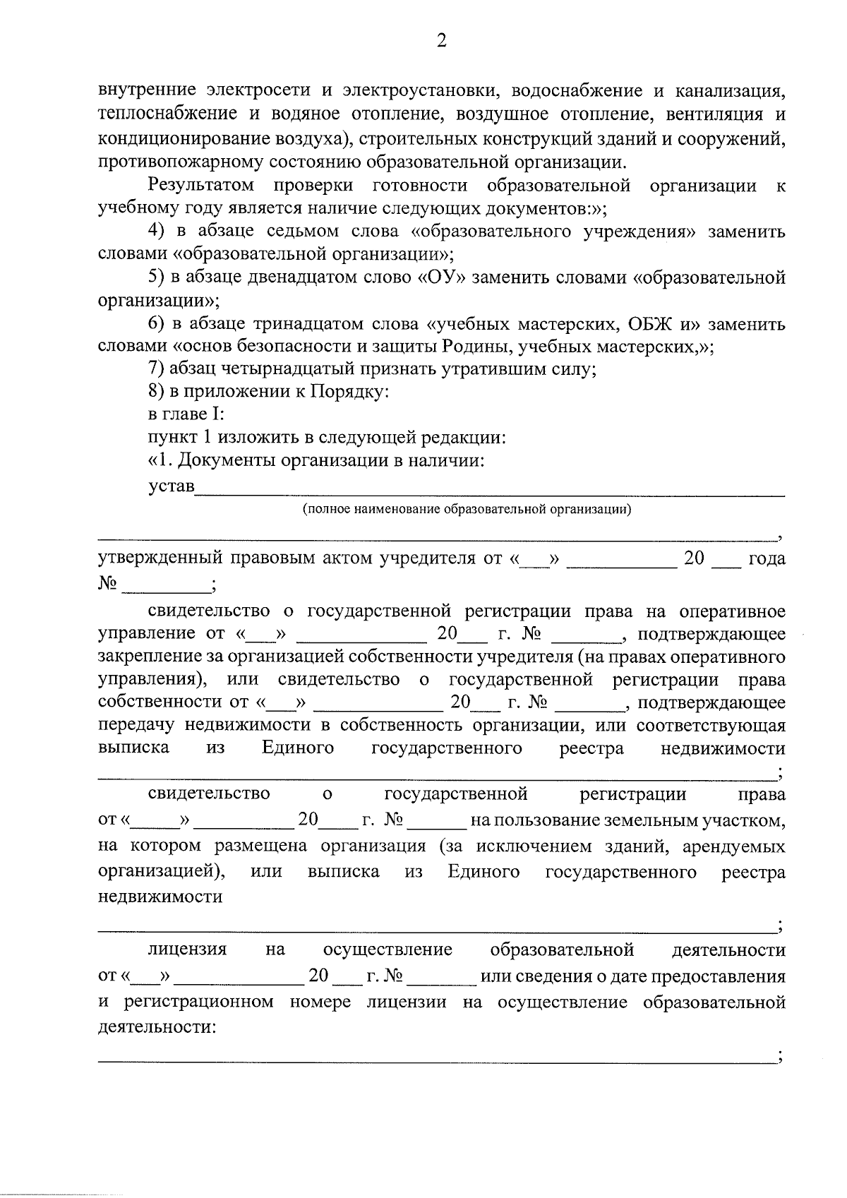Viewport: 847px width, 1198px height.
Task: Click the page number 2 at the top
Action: (441, 42)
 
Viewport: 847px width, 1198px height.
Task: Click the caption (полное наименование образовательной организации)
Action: (467, 509)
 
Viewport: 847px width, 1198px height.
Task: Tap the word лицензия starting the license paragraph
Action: (187, 950)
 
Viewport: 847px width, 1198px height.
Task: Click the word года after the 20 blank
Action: (766, 558)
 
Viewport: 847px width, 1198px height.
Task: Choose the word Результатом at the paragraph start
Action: (200, 186)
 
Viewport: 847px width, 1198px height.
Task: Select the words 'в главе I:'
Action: (186, 415)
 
